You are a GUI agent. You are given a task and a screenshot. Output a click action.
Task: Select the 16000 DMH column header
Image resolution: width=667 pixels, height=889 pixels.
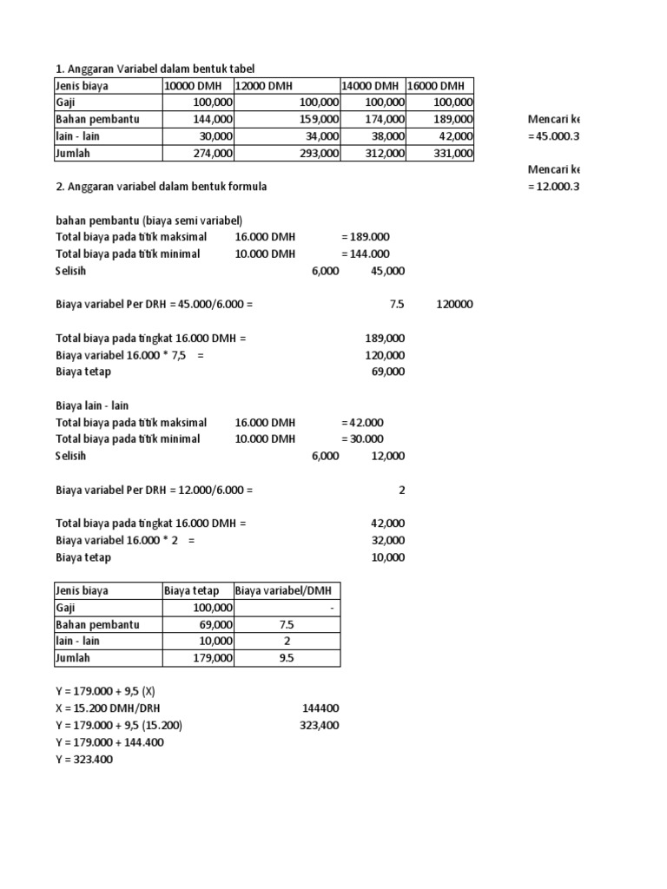437,86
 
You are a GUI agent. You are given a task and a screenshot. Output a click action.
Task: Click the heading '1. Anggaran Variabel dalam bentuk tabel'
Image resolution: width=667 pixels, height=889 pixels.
155,69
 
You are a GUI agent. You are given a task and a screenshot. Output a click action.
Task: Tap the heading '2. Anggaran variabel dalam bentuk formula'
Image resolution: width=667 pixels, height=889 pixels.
162,187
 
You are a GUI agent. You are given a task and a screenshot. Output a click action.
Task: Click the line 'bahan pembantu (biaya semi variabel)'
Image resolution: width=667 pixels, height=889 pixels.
149,221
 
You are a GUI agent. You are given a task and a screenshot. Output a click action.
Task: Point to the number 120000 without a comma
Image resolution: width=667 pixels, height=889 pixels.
454,305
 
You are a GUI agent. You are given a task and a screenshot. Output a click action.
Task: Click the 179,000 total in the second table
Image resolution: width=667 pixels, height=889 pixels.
214,658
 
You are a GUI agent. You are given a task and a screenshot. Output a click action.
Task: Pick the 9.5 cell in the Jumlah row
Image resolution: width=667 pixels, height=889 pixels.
287,658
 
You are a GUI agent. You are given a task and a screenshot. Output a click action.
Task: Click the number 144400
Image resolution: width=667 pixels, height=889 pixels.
320,709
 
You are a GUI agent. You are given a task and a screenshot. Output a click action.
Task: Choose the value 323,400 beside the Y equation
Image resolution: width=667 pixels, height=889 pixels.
320,726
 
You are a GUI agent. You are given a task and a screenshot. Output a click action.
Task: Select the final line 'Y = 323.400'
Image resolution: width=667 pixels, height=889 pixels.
84,760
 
